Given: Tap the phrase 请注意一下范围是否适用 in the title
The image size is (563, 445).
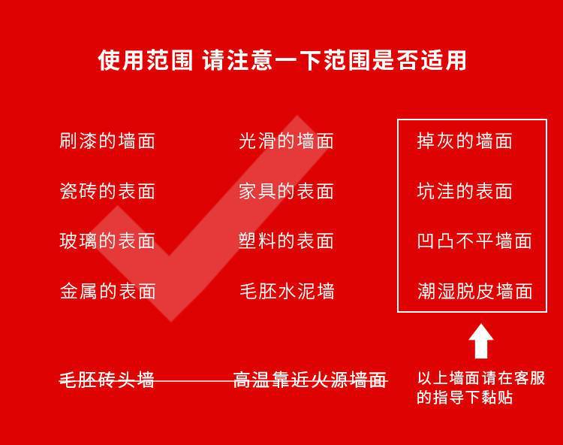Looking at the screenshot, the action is (335, 60).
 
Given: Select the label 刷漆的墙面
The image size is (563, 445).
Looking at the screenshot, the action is (107, 141).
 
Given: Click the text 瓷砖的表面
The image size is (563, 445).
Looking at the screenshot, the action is (107, 191).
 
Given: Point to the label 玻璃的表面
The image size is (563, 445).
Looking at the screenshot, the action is (107, 241).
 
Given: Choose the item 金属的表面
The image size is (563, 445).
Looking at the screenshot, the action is (107, 291).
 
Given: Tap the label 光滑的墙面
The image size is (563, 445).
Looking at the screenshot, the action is (286, 141).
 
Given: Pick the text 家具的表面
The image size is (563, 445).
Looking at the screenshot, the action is (286, 191).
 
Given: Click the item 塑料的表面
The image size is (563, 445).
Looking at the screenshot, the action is (286, 241).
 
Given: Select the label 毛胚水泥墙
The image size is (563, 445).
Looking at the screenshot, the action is (286, 291).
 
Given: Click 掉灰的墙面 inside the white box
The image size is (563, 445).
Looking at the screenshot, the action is (465, 141).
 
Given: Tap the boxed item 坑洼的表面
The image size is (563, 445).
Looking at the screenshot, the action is (465, 191).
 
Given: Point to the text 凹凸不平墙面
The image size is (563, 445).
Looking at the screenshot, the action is (474, 241).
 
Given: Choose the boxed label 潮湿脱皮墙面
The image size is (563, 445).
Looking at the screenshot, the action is (474, 291).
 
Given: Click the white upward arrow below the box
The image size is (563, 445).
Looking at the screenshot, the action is (481, 341).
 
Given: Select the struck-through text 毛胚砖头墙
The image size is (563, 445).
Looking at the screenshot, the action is (107, 380).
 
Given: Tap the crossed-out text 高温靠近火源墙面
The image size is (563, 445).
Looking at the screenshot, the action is (309, 380).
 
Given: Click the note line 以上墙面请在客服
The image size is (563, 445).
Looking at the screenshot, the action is (481, 378).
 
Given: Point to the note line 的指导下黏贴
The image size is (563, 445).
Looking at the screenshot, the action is (465, 398).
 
